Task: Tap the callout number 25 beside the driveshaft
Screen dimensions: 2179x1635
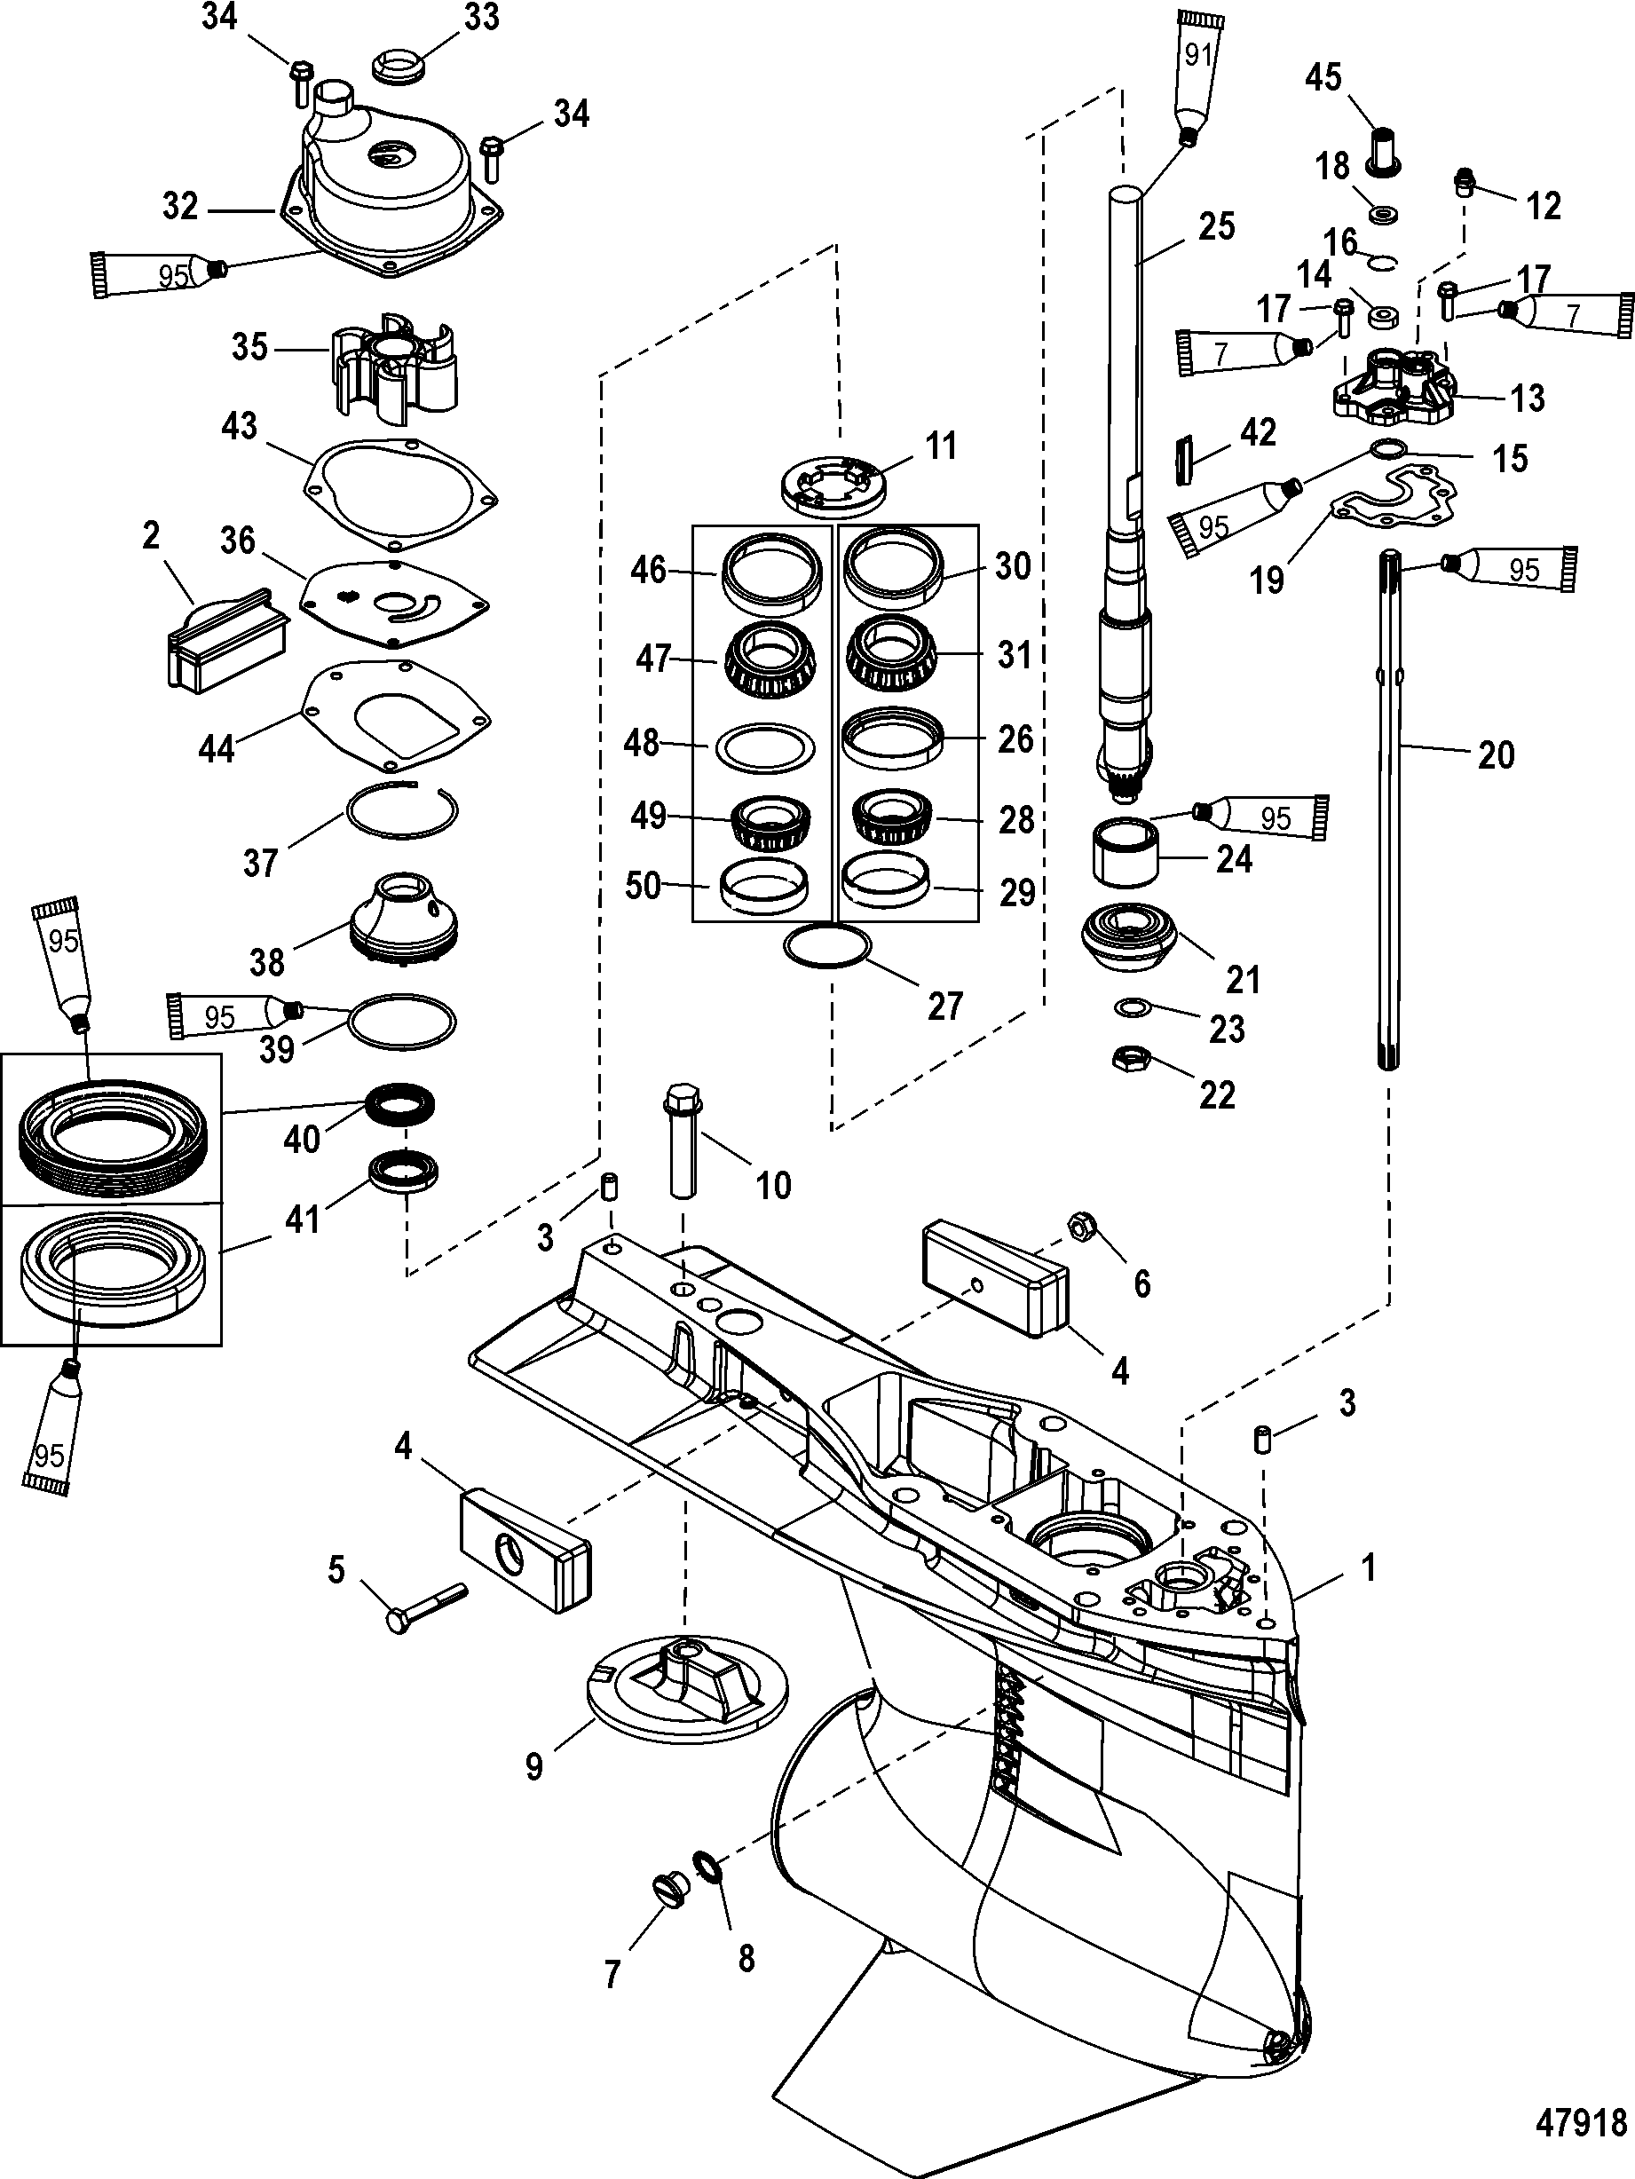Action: coord(1216,226)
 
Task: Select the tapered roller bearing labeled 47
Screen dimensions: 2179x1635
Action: coord(771,658)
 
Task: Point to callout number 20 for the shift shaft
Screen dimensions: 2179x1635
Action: coord(1495,755)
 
